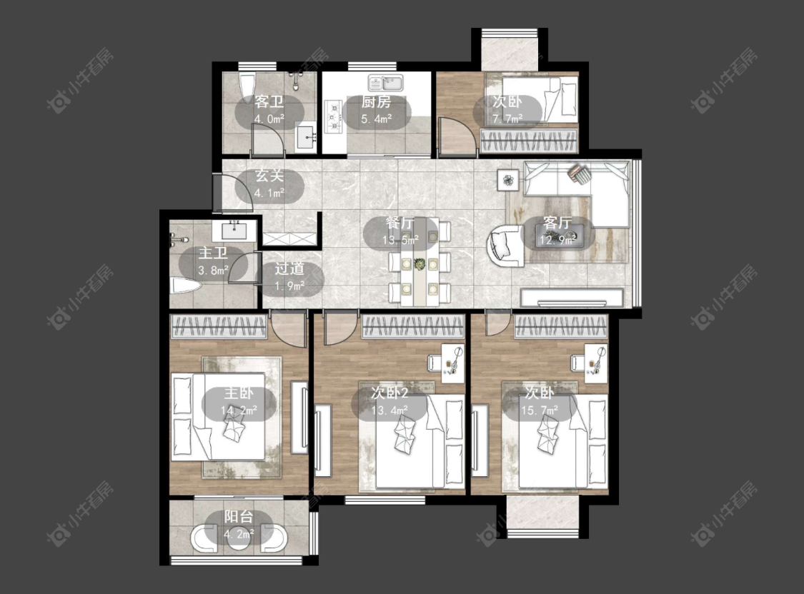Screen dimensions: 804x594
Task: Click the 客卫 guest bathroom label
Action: [269, 101]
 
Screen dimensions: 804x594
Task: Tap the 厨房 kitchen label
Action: [376, 101]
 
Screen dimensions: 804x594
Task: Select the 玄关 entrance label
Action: [269, 176]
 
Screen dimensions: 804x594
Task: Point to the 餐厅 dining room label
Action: [400, 223]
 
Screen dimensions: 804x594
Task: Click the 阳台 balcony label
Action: [239, 517]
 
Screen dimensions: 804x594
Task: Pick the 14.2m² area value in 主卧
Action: [239, 411]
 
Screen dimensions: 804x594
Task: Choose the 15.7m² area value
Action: [540, 411]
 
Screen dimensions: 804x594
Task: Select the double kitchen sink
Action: [386, 82]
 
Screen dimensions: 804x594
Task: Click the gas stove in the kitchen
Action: [333, 116]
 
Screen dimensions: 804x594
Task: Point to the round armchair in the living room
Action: [505, 245]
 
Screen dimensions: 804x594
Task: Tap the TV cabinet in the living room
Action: [572, 298]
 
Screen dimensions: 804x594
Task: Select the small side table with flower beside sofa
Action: [507, 180]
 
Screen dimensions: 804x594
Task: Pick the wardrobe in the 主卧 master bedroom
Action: [219, 327]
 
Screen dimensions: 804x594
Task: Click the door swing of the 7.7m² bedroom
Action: [457, 135]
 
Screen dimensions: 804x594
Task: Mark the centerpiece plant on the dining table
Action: [420, 263]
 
